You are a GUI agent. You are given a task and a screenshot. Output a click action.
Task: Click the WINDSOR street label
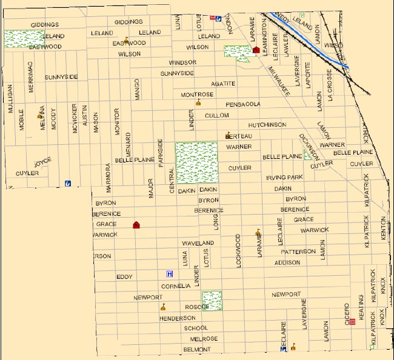click(182, 62)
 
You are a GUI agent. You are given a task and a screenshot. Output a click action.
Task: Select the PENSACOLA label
click(243, 104)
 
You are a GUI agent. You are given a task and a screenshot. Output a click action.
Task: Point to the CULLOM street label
click(217, 115)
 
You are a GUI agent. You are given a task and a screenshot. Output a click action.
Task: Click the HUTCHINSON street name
click(267, 125)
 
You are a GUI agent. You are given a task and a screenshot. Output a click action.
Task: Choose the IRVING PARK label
click(284, 178)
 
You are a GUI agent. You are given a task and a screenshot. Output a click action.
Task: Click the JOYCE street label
click(42, 162)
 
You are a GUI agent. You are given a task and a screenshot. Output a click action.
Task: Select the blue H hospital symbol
click(170, 274)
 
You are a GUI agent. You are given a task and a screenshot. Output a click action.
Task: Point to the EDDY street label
click(124, 277)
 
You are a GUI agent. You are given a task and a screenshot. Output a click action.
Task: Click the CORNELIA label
click(176, 286)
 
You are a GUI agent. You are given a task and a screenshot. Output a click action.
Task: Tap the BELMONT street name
click(196, 350)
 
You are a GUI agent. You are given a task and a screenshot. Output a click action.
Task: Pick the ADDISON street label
click(287, 262)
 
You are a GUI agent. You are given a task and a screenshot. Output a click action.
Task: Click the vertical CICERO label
click(347, 313)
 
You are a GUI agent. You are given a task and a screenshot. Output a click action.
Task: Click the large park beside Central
click(196, 163)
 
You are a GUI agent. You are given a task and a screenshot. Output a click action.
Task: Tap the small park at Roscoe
click(212, 301)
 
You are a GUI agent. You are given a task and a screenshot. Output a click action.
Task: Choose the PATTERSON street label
click(298, 252)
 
